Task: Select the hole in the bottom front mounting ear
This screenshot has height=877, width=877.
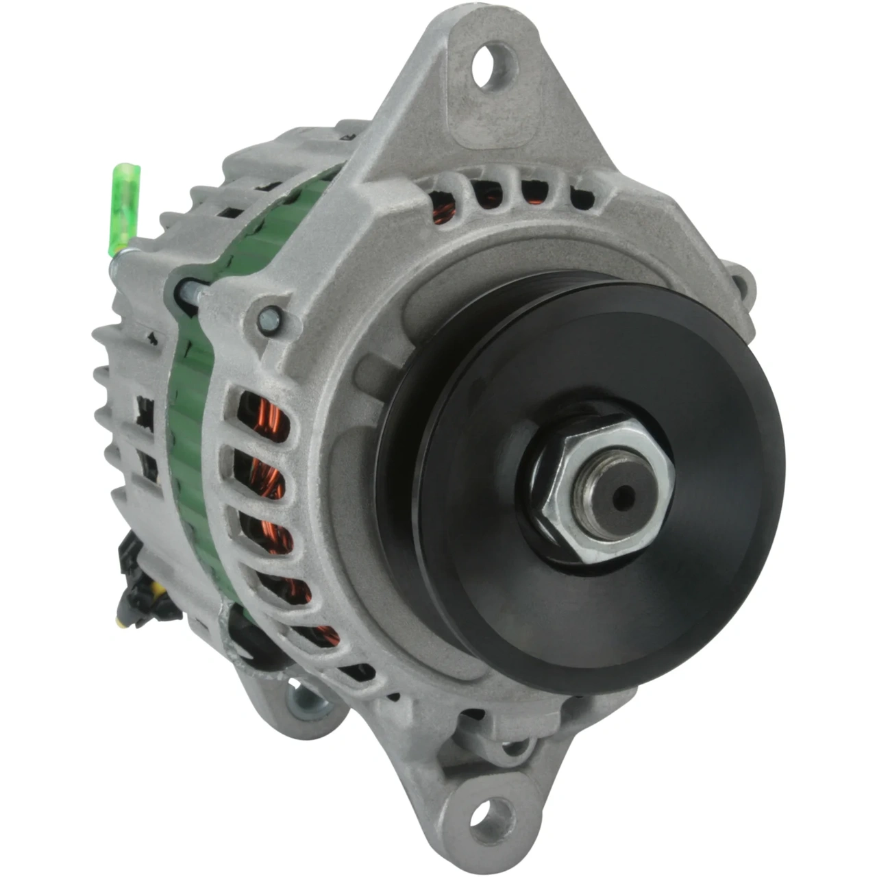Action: coord(491,816)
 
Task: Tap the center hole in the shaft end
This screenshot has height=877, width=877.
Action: coord(621,498)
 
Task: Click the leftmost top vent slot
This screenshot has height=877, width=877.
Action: coord(443,199)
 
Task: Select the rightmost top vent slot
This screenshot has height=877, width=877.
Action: coord(582,198)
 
